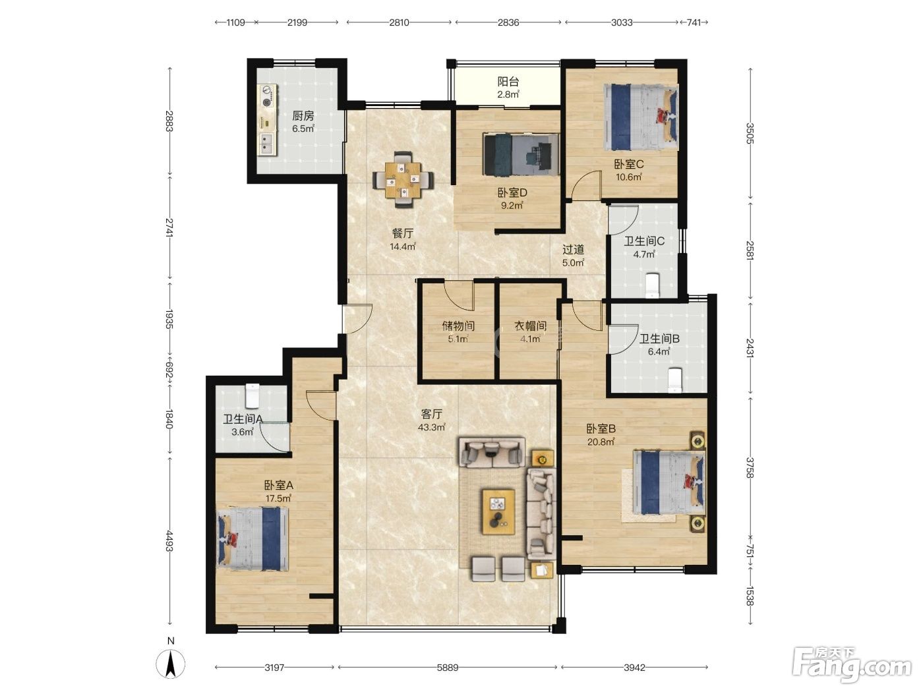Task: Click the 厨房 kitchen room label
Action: point(303,115)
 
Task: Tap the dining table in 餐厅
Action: point(403,179)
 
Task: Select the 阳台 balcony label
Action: point(508,81)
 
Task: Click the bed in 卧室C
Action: point(640,117)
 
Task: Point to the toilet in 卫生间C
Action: point(652,286)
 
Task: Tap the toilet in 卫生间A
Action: point(252,395)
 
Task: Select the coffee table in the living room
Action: point(498,512)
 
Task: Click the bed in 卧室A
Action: point(253,538)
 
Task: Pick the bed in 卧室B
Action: point(669,482)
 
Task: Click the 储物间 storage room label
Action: point(458,326)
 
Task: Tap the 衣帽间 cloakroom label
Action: point(530,326)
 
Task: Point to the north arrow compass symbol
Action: point(170,664)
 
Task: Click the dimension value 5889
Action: point(447,667)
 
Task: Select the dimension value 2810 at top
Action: point(399,22)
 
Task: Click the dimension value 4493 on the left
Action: point(169,540)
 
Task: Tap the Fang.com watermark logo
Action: point(852,666)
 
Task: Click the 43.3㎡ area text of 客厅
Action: point(431,427)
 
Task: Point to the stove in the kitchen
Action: point(267,96)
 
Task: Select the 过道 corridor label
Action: point(573,250)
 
